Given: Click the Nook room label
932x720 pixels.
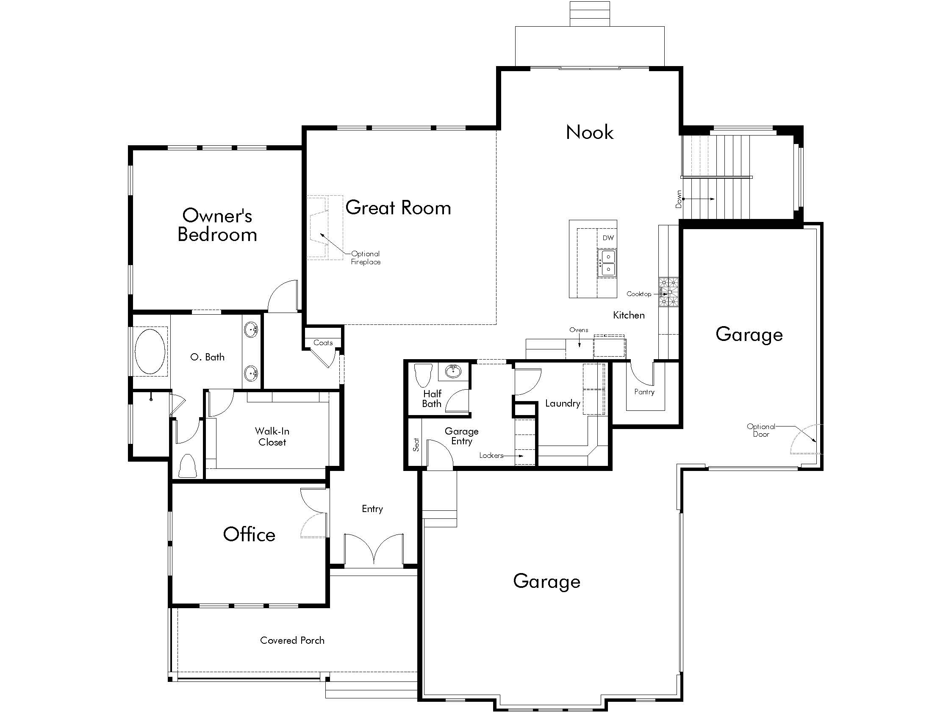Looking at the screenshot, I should coord(589,132).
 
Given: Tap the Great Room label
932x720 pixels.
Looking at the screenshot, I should coord(398,208).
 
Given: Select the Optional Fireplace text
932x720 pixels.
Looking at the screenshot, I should coord(366,258).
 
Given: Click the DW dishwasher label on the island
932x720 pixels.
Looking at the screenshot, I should coord(608,238).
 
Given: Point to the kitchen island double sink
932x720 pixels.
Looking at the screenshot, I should coord(607,263).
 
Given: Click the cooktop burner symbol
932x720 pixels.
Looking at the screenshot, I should coord(668,292).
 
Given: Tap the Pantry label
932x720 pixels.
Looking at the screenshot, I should coord(644,392).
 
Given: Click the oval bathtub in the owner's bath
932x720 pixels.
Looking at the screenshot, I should coord(150,352).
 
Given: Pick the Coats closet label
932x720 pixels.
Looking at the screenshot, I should coord(323,343).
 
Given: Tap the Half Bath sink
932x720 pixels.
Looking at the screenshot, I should coord(453,371).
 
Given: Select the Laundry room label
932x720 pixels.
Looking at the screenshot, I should coord(563,404).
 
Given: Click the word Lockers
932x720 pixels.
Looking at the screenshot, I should coord(491,456).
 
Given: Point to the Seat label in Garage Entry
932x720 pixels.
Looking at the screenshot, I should coord(416,444).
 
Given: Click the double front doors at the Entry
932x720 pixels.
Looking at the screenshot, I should coord(374,549).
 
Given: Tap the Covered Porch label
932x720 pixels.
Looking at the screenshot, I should coord(292,641).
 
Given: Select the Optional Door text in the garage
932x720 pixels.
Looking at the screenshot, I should coord(761,430).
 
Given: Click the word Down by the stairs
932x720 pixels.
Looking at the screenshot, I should coord(679,199).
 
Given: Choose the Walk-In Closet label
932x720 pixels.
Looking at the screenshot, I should coord(272,437).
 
